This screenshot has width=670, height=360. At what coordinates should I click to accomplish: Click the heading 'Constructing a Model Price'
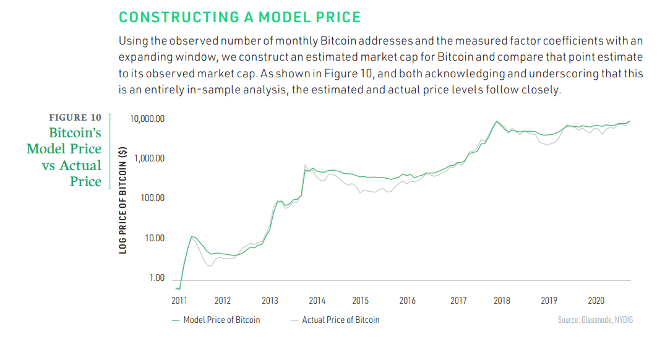pos(239,17)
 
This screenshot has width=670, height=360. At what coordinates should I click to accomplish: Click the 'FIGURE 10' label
pos(75,118)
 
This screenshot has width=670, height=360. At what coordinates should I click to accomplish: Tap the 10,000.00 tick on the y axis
pos(147,119)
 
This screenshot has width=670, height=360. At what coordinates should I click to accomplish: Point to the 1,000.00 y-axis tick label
pos(149,158)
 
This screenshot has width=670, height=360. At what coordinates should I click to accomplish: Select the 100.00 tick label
pos(152,198)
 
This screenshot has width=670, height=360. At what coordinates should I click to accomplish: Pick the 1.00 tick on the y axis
pos(157,278)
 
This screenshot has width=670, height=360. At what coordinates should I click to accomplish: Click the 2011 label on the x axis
pos(179,301)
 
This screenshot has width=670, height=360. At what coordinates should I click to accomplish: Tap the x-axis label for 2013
pos(270,301)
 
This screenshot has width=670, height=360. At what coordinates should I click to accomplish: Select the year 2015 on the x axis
pos(360,301)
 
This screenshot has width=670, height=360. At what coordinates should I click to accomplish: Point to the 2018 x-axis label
pos(502,301)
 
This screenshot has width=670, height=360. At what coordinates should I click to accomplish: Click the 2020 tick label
pos(596,301)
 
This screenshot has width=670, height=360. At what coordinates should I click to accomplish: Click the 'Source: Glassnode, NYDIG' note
pos(595,320)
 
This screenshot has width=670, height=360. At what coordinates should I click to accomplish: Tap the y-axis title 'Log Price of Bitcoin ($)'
pos(124,199)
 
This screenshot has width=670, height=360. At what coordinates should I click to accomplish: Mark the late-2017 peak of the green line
pos(497,121)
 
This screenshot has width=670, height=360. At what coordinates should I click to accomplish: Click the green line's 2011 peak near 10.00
pos(192,236)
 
